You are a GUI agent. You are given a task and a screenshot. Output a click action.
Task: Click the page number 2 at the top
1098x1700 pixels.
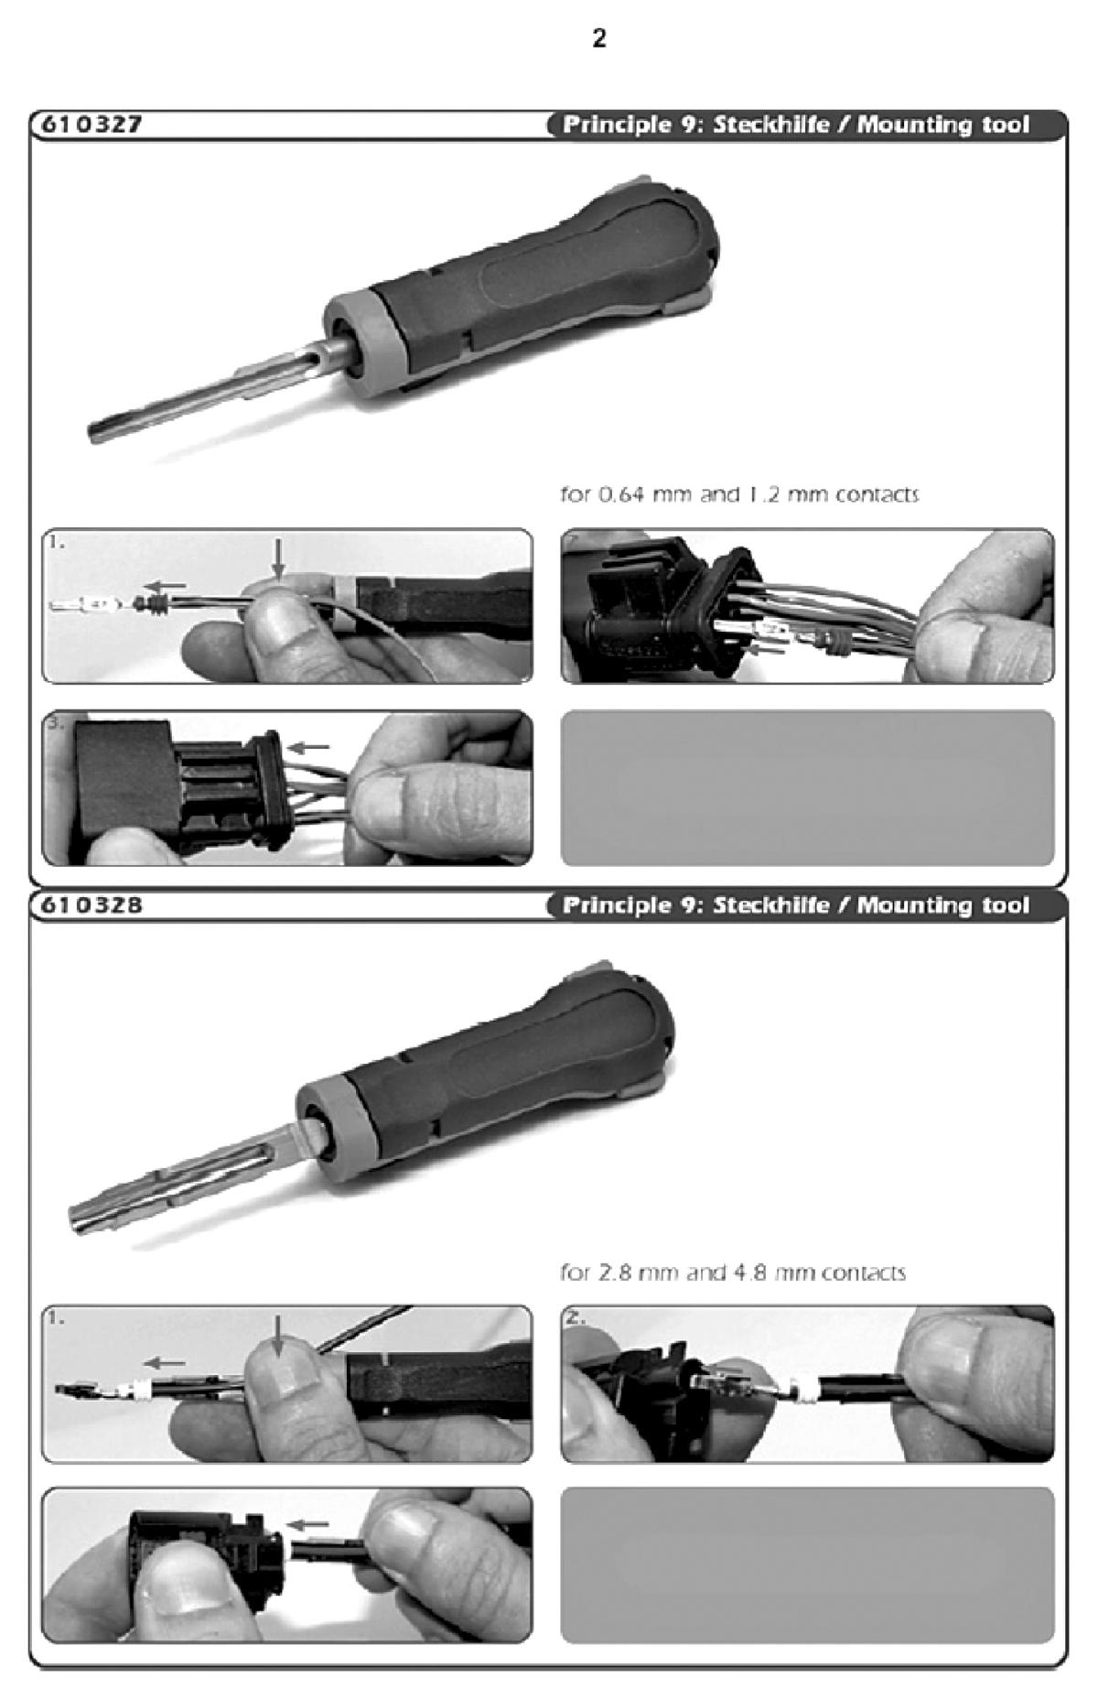pyautogui.click(x=599, y=38)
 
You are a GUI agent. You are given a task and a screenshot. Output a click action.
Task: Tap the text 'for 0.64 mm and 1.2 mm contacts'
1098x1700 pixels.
pyautogui.click(x=739, y=494)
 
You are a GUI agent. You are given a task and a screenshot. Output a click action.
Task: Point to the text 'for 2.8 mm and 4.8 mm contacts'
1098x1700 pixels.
pyautogui.click(x=733, y=1272)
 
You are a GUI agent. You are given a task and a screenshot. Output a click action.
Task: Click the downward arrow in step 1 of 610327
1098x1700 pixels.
pyautogui.click(x=279, y=558)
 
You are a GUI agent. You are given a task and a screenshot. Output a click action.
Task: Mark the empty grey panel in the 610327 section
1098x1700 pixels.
pyautogui.click(x=807, y=788)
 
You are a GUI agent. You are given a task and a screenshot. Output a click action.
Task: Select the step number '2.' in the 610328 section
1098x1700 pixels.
pyautogui.click(x=575, y=1318)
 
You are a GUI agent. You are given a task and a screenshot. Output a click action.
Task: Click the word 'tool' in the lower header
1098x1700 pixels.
pyautogui.click(x=1005, y=905)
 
